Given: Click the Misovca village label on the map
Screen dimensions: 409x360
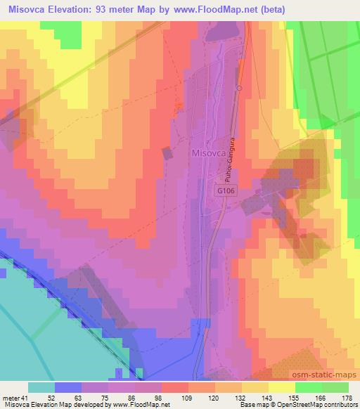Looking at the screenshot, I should (207, 152).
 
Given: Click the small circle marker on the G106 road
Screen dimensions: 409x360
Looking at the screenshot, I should (239, 88).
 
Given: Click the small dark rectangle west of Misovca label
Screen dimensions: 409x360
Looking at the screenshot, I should (167, 153).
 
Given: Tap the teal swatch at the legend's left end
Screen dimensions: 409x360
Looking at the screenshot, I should (41, 387).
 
